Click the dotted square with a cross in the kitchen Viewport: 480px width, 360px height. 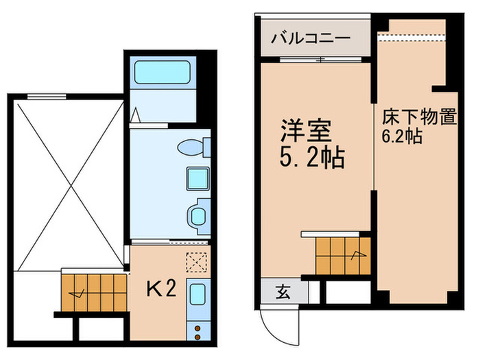196,262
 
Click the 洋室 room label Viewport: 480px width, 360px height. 307,130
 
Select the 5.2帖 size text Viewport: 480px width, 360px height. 311,159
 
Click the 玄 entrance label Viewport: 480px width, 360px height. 283,292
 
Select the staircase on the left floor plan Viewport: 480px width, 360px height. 92,291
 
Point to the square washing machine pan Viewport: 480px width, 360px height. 197,179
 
